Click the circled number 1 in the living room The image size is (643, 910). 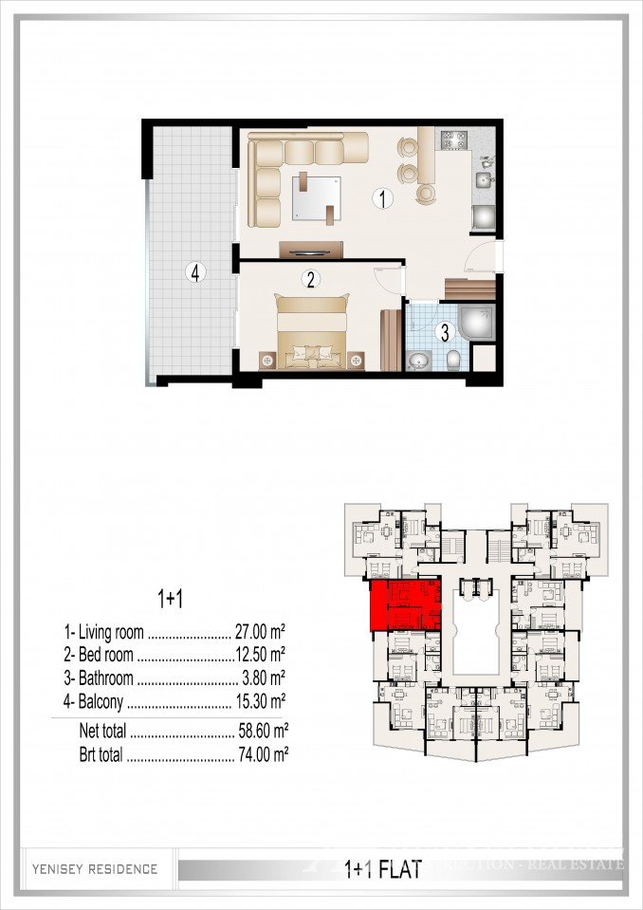(x=381, y=199)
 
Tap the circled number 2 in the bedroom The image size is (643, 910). (x=308, y=279)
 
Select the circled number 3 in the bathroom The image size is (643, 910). (x=442, y=332)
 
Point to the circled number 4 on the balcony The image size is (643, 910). (x=195, y=273)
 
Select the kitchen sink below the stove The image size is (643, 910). (x=484, y=179)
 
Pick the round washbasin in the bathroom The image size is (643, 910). (x=418, y=361)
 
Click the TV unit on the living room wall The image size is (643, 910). (x=311, y=251)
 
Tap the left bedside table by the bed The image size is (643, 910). (x=268, y=361)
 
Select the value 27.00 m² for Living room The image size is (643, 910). (x=261, y=631)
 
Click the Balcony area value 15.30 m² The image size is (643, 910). (x=261, y=703)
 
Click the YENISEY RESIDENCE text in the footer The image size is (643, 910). (x=94, y=868)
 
